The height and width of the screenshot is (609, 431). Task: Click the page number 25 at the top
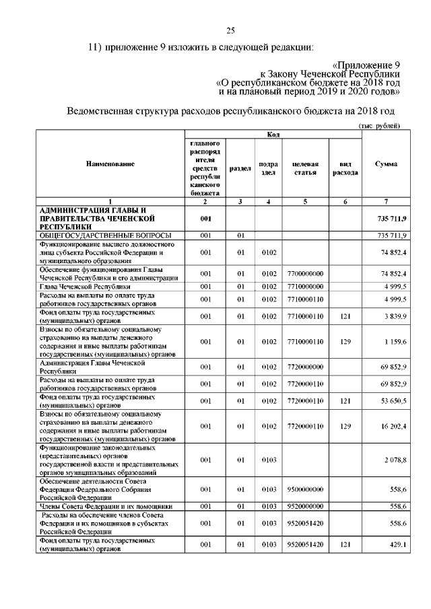(230, 30)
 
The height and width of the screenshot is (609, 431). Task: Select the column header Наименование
(110, 164)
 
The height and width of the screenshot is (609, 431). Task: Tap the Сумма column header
(386, 164)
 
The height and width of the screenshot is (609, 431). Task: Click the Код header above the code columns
(273, 135)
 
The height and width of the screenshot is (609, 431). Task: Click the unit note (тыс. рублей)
(378, 126)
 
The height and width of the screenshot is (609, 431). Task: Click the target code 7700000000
(305, 274)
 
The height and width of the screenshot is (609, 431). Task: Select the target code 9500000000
(305, 490)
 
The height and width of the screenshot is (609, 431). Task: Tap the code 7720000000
(305, 367)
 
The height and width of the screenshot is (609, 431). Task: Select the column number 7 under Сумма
(386, 202)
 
